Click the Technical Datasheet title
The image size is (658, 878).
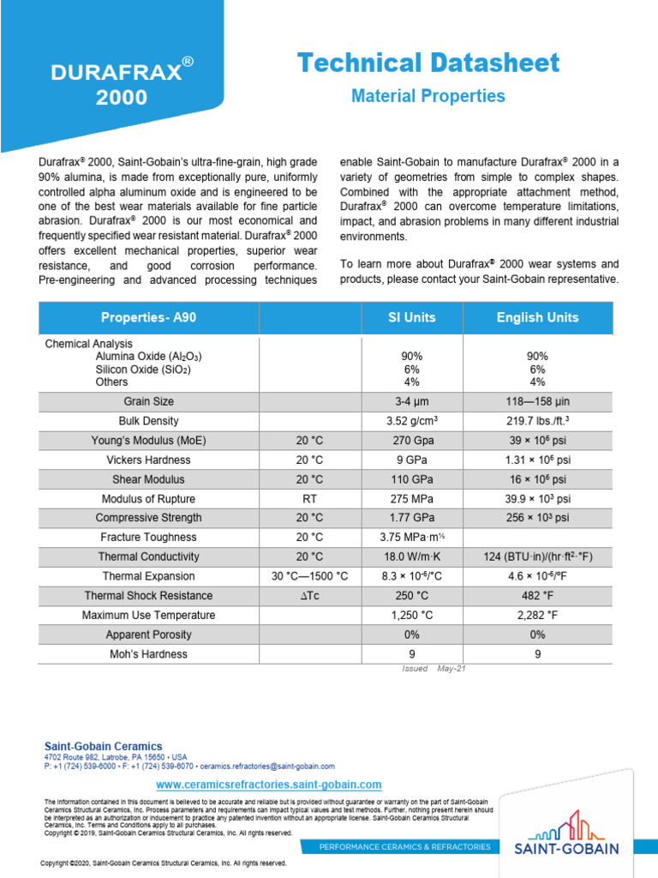click(x=428, y=63)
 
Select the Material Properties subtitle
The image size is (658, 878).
click(x=428, y=96)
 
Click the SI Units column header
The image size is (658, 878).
click(x=411, y=317)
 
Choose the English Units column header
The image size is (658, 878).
click(x=537, y=317)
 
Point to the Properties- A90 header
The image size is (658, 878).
click(x=148, y=317)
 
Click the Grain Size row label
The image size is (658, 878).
click(x=148, y=401)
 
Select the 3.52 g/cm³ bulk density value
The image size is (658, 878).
click(x=411, y=421)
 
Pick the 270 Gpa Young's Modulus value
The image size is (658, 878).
click(x=411, y=441)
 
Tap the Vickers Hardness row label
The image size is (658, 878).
click(x=148, y=460)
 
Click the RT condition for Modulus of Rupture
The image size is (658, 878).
click(x=309, y=499)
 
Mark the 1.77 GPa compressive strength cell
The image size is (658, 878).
click(x=411, y=518)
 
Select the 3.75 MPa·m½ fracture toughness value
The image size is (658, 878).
click(x=411, y=538)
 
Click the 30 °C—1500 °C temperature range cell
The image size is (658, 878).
click(x=309, y=576)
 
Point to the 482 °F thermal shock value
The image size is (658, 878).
click(x=537, y=596)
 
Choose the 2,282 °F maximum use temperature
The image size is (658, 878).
click(x=537, y=616)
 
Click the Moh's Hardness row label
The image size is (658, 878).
click(x=148, y=654)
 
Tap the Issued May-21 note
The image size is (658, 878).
click(x=433, y=669)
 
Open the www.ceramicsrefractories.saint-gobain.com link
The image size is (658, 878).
click(x=269, y=785)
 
